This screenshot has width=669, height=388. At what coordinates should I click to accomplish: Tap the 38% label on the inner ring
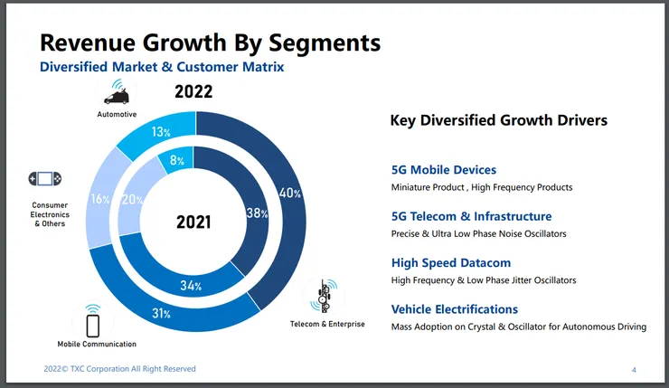point(258,214)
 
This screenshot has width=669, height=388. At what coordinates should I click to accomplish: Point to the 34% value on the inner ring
point(191,286)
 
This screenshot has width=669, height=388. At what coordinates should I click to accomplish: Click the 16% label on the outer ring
point(99,199)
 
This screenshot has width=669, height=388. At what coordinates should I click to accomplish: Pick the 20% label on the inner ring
point(131,200)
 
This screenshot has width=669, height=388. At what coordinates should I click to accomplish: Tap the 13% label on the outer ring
point(162,133)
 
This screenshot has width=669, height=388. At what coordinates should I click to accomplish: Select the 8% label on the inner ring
point(177,160)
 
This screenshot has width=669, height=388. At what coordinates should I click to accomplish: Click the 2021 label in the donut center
point(194,222)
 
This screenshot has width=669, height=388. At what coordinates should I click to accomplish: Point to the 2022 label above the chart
point(193,91)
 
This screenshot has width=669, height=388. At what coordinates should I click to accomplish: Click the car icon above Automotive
point(117,93)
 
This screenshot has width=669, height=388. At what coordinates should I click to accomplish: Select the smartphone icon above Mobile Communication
point(92,321)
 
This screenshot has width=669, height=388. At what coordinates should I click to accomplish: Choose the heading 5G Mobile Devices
point(443,170)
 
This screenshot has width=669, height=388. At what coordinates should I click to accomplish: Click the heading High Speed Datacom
point(450,263)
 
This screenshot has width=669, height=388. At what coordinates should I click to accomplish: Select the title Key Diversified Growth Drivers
point(498,120)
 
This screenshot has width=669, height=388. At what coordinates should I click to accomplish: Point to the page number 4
point(633,370)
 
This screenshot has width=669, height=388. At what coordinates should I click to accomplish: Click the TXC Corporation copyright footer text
point(120,369)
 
